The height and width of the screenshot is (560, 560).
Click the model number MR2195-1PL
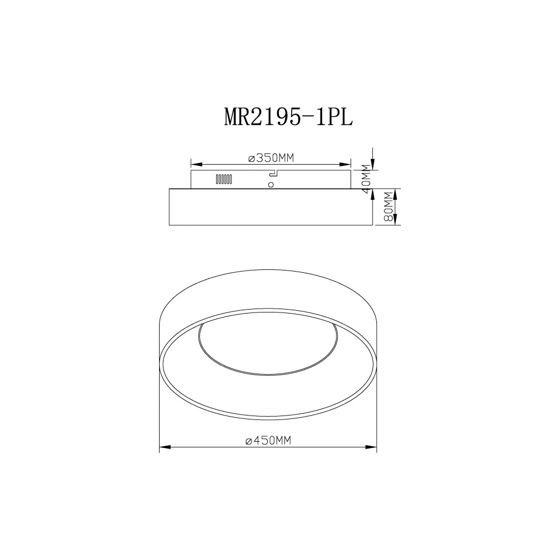[288, 116]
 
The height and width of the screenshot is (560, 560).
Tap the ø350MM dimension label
[270, 157]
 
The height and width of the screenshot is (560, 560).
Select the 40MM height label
[366, 179]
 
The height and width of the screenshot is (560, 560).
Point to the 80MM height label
[388, 207]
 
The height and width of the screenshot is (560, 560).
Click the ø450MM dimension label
[268, 441]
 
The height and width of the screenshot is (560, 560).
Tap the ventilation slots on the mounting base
[224, 179]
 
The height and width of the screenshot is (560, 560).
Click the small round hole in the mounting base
[271, 185]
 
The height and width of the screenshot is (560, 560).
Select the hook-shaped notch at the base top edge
[274, 173]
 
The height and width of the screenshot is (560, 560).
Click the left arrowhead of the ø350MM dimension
[197, 164]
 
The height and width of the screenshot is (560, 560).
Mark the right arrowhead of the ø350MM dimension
[345, 164]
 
